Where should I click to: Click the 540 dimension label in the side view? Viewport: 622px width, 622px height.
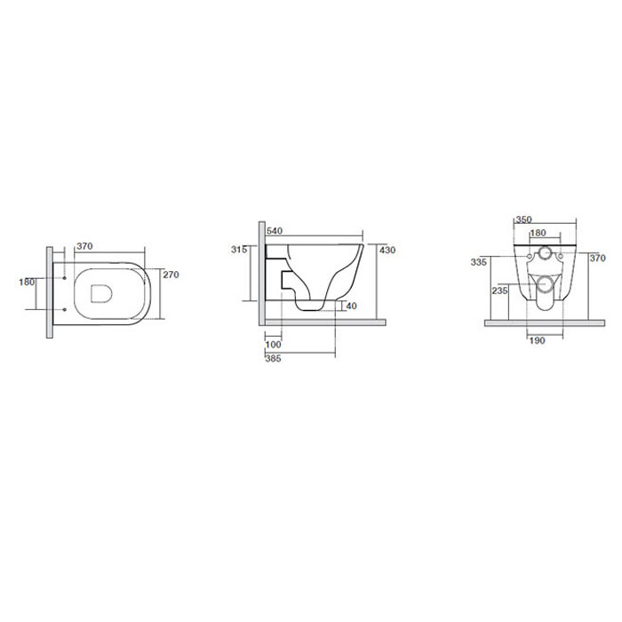pos(275,231)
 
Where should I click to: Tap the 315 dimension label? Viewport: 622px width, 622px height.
pos(239,250)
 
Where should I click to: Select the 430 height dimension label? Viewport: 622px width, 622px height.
pos(387,250)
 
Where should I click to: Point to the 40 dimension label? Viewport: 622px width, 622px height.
pos(352,306)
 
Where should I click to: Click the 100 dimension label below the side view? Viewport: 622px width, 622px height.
pos(273,345)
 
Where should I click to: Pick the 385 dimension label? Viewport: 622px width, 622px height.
pos(273,359)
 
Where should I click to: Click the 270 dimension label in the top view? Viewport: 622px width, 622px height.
pos(171,275)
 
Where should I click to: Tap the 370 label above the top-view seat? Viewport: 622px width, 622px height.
pos(84,246)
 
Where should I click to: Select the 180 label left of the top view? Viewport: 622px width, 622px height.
pos(27,282)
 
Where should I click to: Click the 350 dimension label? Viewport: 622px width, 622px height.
pos(523,219)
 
